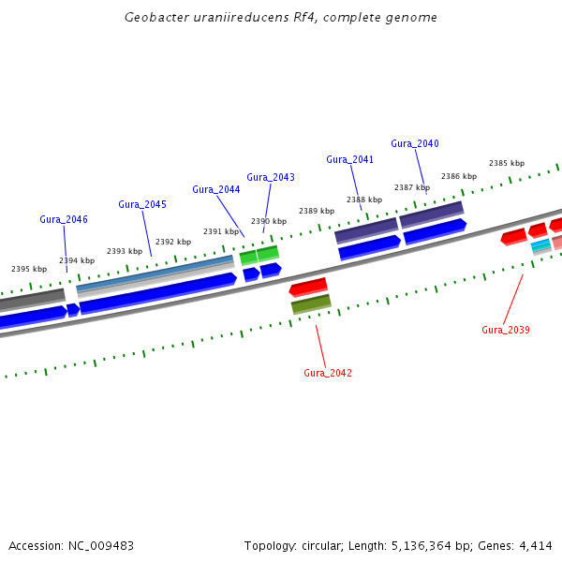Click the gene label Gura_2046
coord(64,219)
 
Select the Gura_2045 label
coord(142,204)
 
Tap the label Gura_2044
coord(216,189)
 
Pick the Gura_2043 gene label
coord(271,177)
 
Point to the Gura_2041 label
coord(350,159)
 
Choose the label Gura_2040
coord(415,143)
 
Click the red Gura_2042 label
coord(328,373)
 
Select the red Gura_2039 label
coord(506,330)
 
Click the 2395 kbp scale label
coord(29,269)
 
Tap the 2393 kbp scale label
coord(125,251)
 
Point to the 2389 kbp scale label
coord(317,211)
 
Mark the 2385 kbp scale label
coord(507,163)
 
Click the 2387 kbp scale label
coord(412,187)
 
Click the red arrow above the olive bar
coord(308,287)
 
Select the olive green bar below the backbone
coord(311,304)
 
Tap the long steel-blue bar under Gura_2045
coord(155,272)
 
